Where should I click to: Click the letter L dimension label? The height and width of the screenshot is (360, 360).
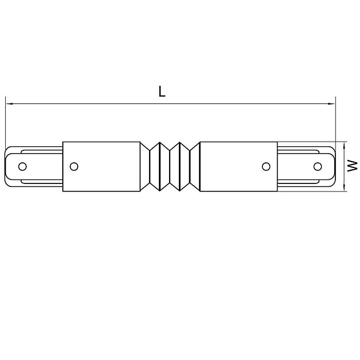click(x=162, y=92)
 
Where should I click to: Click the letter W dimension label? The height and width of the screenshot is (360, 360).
click(x=354, y=166)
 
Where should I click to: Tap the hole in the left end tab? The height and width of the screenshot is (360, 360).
click(x=23, y=166)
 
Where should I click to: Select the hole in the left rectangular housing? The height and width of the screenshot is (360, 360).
click(x=73, y=166)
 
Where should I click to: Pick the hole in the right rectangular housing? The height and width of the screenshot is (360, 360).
click(x=266, y=166)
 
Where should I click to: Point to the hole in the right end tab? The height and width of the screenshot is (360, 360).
click(x=317, y=166)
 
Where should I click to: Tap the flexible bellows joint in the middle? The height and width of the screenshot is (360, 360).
click(x=170, y=166)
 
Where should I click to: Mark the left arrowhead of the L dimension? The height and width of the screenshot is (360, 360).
click(x=9, y=104)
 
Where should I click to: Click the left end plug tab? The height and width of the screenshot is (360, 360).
click(x=31, y=166)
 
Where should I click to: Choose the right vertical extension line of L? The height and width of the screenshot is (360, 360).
click(x=336, y=123)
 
